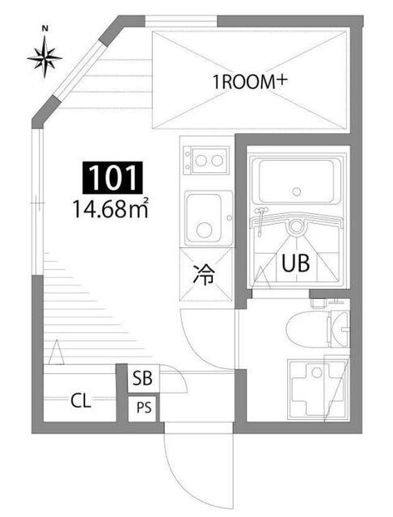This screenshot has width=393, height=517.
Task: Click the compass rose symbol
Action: click(x=45, y=57)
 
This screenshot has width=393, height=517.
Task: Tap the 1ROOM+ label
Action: click(x=251, y=81)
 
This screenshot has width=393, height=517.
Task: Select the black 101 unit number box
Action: click(x=112, y=178)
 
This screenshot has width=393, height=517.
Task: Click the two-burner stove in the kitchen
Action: click(x=205, y=159)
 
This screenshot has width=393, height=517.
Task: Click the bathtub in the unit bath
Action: click(x=296, y=182)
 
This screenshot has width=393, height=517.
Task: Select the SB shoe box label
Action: click(x=143, y=377)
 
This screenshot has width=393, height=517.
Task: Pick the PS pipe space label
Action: click(x=143, y=408)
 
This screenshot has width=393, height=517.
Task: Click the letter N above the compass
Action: click(x=46, y=28)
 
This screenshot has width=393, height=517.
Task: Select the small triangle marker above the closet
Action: click(x=56, y=353)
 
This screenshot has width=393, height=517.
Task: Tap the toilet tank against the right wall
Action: click(x=338, y=329)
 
